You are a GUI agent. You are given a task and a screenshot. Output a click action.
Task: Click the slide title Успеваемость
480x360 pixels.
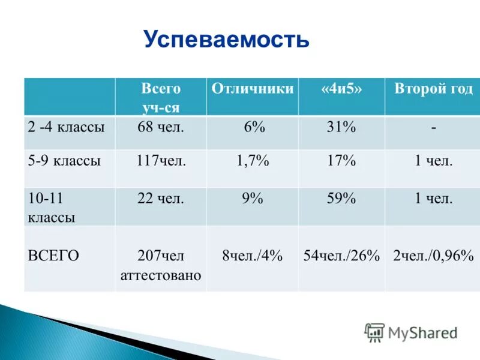click(x=226, y=40)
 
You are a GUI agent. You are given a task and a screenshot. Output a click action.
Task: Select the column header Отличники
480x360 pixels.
click(x=253, y=89)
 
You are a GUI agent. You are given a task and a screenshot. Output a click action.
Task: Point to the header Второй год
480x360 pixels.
click(x=433, y=89)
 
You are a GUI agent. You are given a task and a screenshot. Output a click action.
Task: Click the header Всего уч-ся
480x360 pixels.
click(x=160, y=98)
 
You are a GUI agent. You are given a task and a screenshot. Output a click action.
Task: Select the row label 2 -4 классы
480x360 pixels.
click(x=66, y=127)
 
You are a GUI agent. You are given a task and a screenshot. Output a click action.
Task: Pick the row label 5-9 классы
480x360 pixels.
click(x=64, y=161)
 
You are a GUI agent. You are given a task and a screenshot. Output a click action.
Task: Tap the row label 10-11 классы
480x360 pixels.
click(x=52, y=208)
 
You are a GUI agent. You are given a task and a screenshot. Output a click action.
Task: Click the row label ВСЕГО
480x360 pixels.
click(x=53, y=255)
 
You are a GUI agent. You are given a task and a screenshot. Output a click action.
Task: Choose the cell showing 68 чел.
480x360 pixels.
click(x=160, y=127)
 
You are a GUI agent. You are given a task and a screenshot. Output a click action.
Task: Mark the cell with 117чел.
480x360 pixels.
click(x=160, y=161)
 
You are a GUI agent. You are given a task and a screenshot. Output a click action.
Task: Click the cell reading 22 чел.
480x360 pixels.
click(x=160, y=199)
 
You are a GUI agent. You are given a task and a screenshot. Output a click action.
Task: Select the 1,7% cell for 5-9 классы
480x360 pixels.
click(x=253, y=161)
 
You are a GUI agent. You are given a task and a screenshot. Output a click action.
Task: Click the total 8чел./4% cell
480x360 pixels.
click(x=253, y=256)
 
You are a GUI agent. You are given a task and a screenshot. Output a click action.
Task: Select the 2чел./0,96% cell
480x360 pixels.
click(x=433, y=256)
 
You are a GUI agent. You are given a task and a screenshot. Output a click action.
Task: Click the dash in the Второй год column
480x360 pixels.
click(x=433, y=128)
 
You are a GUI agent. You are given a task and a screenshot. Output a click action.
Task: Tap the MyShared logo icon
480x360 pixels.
click(x=374, y=332)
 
